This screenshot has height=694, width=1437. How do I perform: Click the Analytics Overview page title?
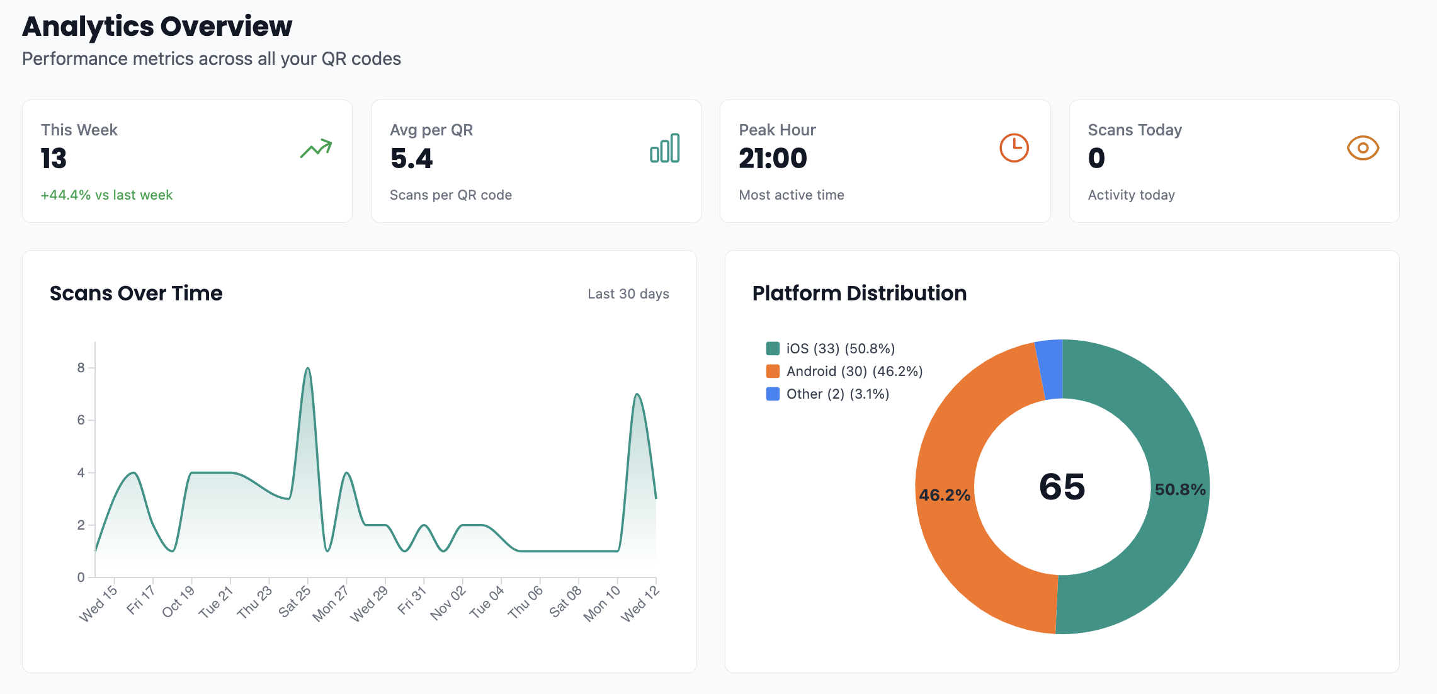point(157,26)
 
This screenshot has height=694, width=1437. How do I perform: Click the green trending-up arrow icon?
point(316,149)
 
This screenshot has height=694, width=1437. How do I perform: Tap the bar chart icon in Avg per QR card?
point(665,149)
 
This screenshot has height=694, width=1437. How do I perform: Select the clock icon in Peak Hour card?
point(1014,148)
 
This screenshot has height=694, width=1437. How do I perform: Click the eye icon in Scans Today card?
point(1363,148)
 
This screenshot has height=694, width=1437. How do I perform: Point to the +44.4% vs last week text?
point(106,195)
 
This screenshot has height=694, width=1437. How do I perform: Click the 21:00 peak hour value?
point(773,158)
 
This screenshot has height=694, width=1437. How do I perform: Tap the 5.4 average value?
point(411,158)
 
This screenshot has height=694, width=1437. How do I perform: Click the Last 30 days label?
point(628,294)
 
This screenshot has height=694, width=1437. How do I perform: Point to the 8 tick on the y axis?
point(81,368)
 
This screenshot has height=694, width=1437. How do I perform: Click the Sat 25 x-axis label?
point(295,601)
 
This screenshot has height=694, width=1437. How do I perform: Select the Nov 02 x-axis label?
point(448,603)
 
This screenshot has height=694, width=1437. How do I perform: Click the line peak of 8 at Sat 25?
point(307,368)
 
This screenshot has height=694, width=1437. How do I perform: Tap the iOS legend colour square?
point(773,348)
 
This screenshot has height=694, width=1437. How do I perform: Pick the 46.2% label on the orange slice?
point(944,495)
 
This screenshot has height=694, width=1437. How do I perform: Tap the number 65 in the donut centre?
point(1062,487)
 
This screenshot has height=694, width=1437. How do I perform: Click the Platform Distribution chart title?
point(859,293)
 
